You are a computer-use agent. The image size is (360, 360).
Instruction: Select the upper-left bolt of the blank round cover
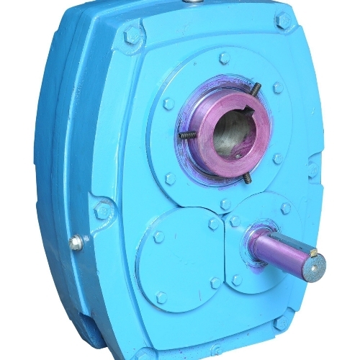[x=158, y=237]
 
